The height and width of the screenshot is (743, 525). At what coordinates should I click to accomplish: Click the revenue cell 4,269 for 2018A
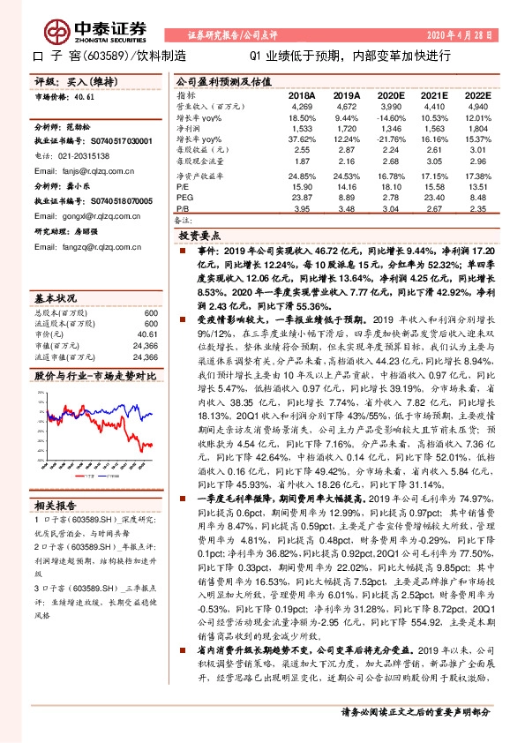(303, 106)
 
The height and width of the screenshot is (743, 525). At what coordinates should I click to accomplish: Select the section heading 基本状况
(53, 298)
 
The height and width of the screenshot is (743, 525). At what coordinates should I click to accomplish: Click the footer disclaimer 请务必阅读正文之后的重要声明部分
(416, 711)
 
